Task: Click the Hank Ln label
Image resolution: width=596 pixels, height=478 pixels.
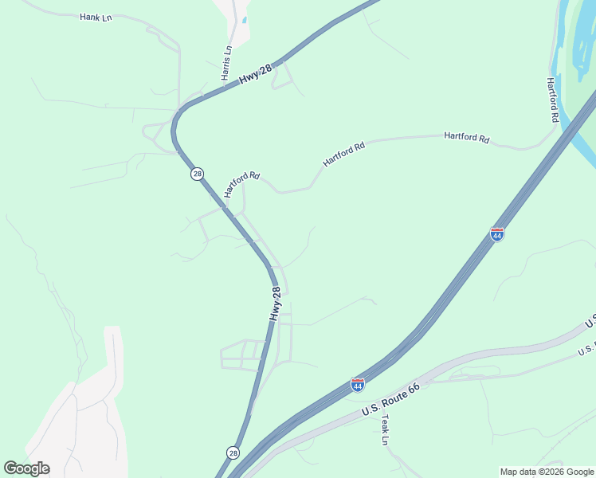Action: point(96,17)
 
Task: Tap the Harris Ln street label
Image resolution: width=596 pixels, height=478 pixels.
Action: point(227,62)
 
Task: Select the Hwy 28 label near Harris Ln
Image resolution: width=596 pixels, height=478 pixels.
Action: point(256,74)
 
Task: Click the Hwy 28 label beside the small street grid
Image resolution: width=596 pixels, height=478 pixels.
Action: point(275,304)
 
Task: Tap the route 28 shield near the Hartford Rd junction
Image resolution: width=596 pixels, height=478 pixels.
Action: point(197,174)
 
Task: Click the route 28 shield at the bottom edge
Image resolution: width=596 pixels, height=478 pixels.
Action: point(232,453)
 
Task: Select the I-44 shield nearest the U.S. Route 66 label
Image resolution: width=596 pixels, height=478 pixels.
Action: point(358,385)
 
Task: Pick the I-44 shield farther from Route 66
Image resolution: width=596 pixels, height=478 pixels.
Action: point(496,234)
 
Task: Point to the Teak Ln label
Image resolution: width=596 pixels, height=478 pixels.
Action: point(385,429)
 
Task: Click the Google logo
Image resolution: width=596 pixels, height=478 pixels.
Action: point(26,468)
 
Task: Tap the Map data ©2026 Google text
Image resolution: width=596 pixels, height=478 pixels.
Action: point(547,472)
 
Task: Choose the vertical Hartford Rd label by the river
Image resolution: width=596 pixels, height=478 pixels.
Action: point(551,100)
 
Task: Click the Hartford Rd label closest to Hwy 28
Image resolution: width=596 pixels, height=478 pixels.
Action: point(242,184)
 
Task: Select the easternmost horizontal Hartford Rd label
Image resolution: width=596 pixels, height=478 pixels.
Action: point(466,137)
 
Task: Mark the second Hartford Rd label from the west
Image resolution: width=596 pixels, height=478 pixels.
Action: point(343,154)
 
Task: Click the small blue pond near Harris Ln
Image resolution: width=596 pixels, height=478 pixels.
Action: point(244,20)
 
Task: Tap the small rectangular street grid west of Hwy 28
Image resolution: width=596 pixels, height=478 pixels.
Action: point(241,355)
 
